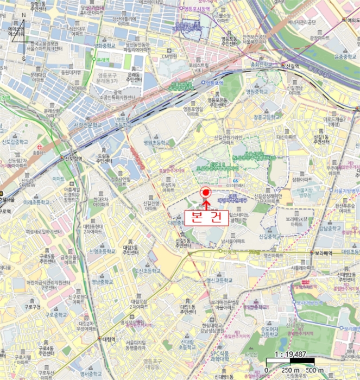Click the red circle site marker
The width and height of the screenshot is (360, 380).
[206, 192]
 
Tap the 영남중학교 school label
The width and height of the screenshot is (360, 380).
[103, 282]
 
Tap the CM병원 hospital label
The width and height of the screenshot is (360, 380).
[169, 56]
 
